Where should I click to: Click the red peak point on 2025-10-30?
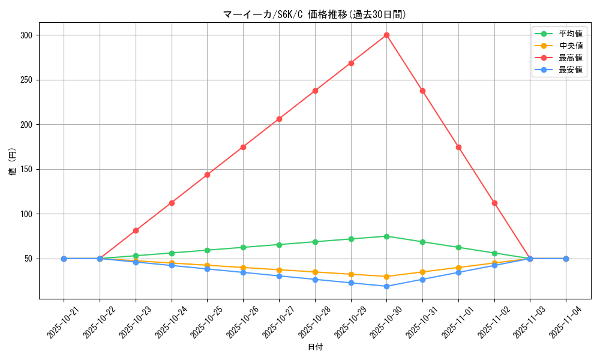[x=386, y=35]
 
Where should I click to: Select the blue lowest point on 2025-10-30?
[x=386, y=286]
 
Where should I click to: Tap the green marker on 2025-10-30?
[x=386, y=236]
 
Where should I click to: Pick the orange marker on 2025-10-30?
[x=386, y=277]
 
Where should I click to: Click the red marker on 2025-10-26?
[x=243, y=147]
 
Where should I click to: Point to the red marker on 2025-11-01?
[x=458, y=147]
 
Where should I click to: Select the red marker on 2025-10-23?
[x=136, y=230]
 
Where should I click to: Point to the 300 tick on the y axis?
[x=26, y=35]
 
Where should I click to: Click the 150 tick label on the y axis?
[x=26, y=169]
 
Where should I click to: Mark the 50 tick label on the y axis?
[x=28, y=259]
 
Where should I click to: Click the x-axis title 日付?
[x=315, y=347]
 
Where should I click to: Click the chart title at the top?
[x=315, y=14]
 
